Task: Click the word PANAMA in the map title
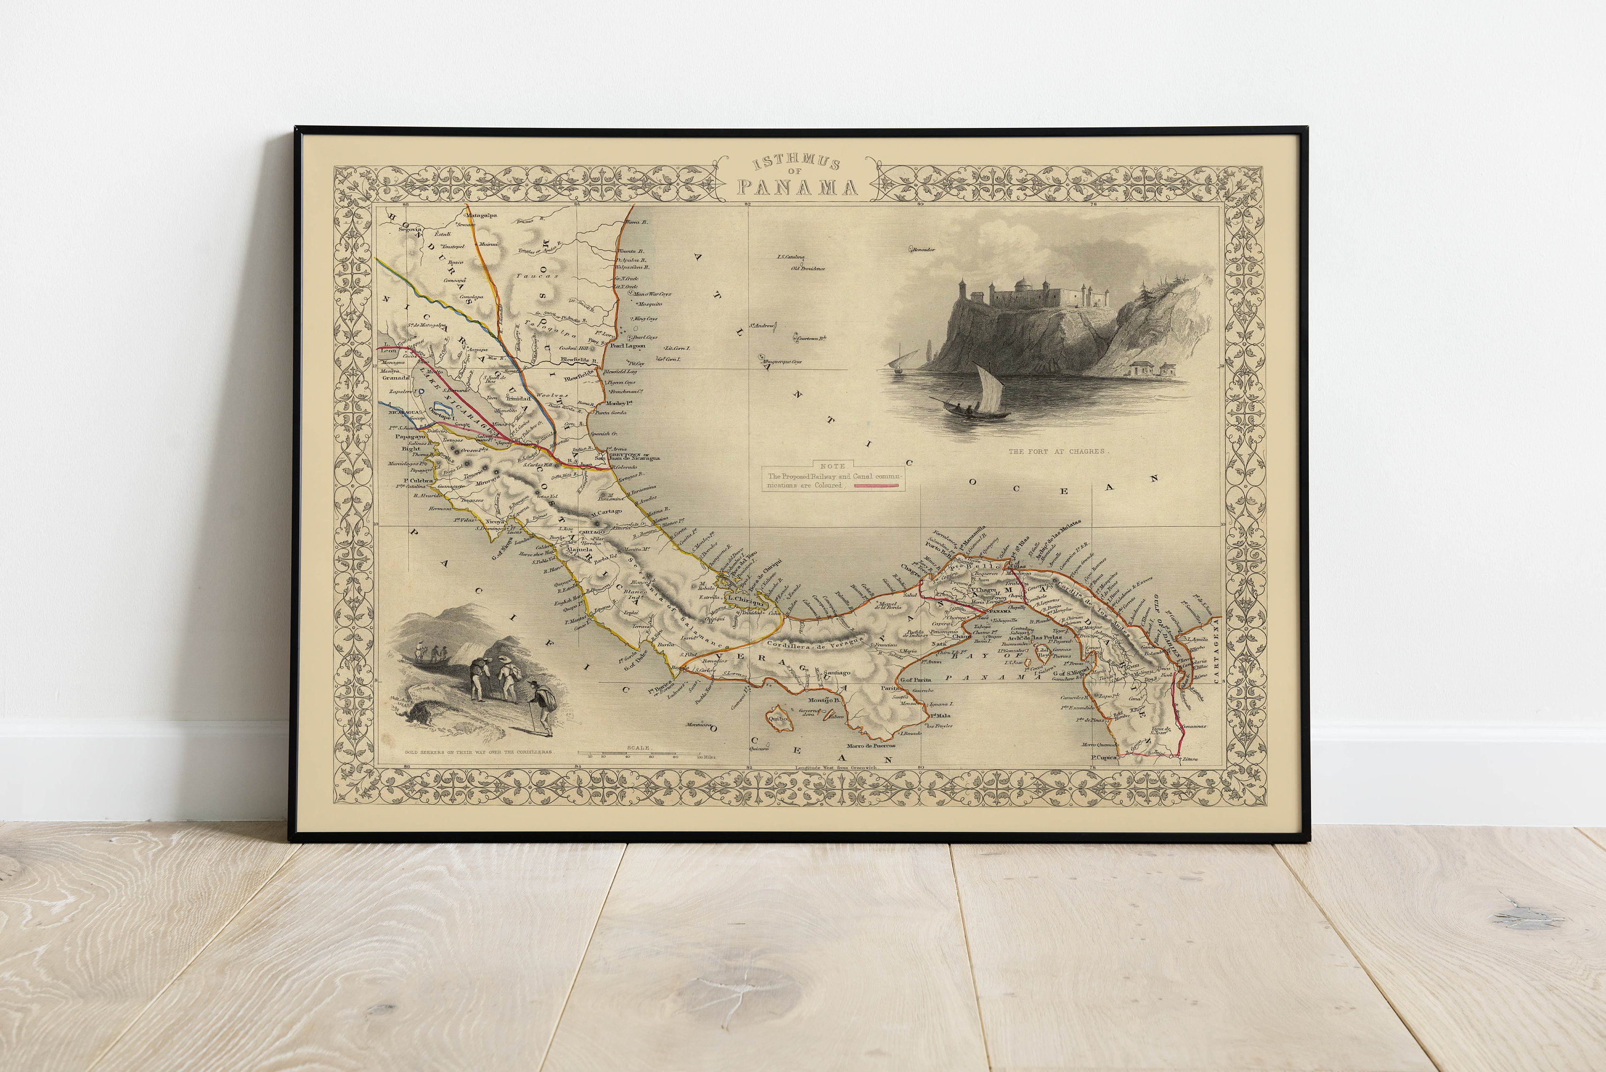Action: [x=797, y=187]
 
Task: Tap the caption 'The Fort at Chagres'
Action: [x=1057, y=452]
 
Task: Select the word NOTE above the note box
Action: [x=832, y=465]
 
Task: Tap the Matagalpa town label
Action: [x=481, y=215]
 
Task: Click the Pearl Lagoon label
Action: [x=627, y=346]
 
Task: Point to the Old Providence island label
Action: [x=808, y=269]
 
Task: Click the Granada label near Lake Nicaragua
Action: [x=396, y=377]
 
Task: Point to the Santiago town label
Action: [x=837, y=673]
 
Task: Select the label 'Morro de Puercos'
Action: [x=870, y=745]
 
